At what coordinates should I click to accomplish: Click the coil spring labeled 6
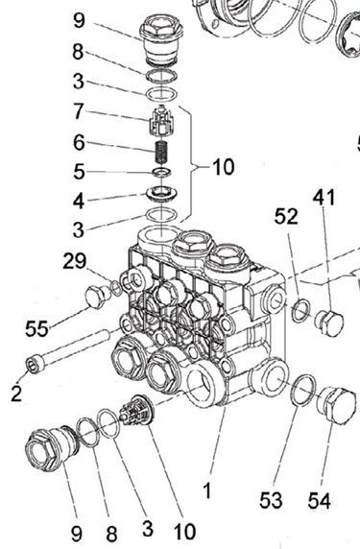coord(161,152)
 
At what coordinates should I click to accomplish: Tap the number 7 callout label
coord(78,111)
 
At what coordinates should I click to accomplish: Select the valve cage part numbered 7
coord(160,121)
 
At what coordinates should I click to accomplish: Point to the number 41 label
coord(324,198)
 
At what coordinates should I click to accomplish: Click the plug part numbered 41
coord(328,322)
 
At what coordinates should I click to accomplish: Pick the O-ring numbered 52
coord(301,310)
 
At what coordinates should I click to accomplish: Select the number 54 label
coord(320,500)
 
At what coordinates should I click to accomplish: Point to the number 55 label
coord(36,329)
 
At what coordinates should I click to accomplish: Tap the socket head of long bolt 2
coord(35,365)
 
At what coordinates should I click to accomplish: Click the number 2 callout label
coord(16,394)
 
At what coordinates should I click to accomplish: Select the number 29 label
coord(74,261)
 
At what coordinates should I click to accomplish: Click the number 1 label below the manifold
coord(207,490)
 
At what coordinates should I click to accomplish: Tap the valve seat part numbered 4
coord(161,194)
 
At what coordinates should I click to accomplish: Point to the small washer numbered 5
coord(161,172)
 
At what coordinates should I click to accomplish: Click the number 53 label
coord(271,500)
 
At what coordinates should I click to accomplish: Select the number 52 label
coord(286,216)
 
